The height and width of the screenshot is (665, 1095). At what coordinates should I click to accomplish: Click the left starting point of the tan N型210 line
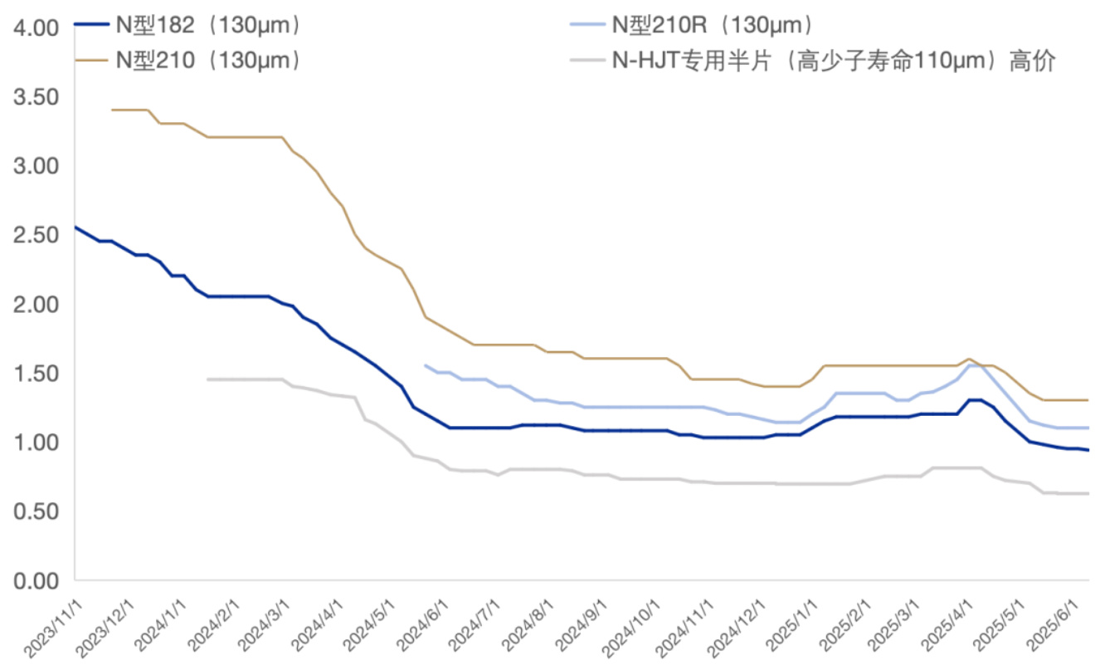[112, 110]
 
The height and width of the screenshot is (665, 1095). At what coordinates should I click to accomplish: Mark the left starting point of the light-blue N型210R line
[426, 365]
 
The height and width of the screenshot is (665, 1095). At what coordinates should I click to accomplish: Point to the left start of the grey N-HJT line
[207, 379]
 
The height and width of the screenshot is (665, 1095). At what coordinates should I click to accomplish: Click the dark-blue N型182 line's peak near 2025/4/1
[976, 400]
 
